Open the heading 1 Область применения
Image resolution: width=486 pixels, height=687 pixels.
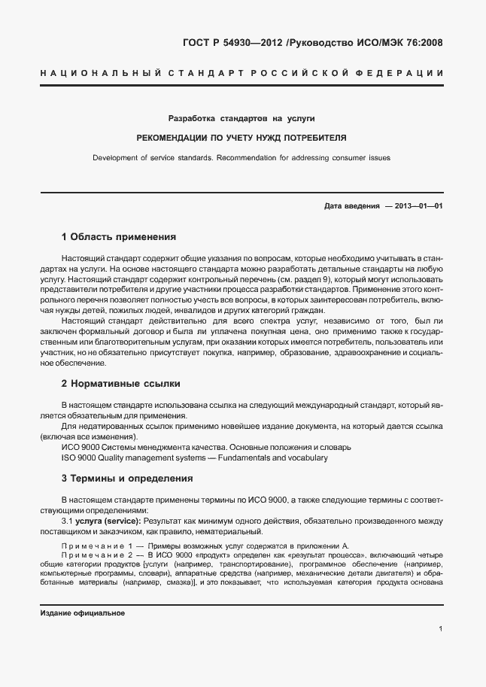[x=118, y=236]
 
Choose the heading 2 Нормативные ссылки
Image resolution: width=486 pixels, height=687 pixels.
[x=120, y=383]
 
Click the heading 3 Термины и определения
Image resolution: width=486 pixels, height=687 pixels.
[x=127, y=478]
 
